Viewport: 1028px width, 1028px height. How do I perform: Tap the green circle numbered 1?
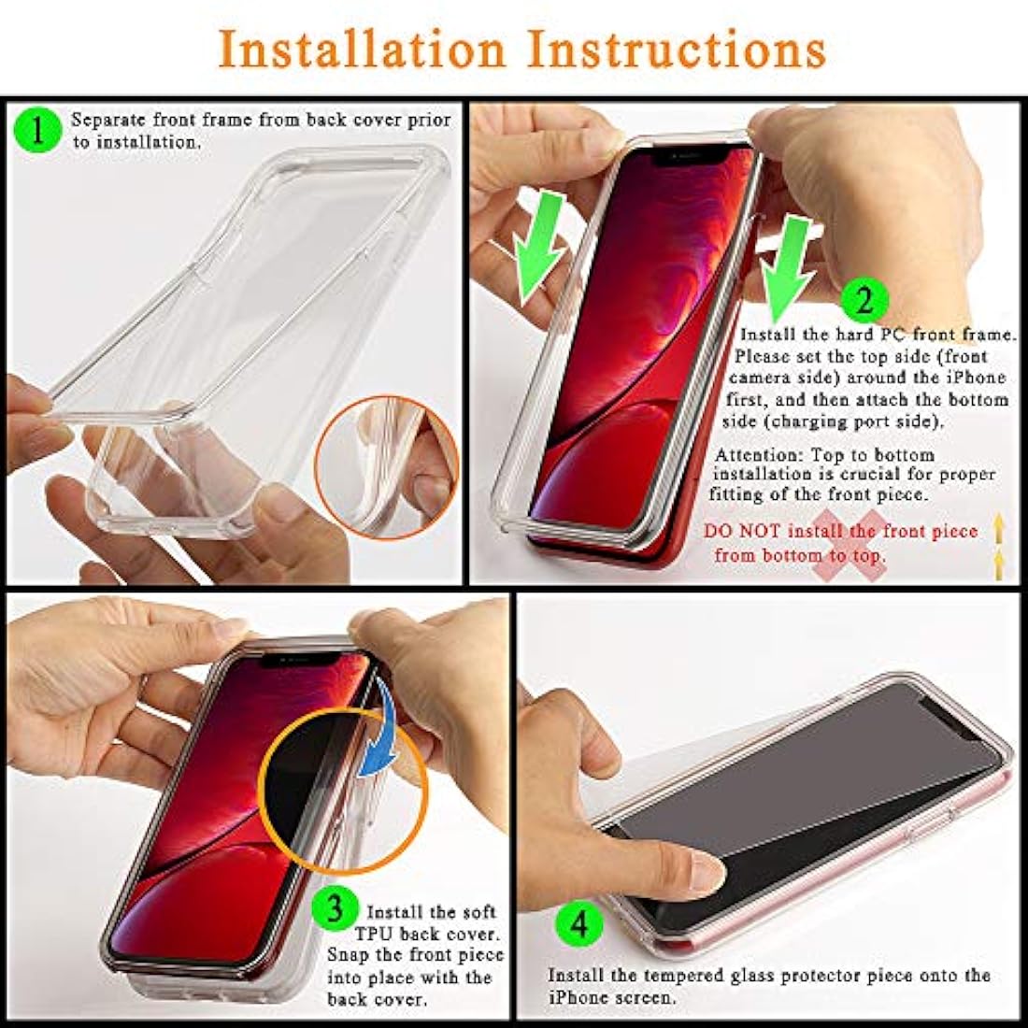tap(38, 130)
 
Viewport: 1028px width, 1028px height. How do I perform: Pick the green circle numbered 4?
tap(579, 925)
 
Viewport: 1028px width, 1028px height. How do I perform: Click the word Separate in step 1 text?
tap(108, 121)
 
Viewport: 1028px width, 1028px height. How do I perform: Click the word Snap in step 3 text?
tap(349, 955)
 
